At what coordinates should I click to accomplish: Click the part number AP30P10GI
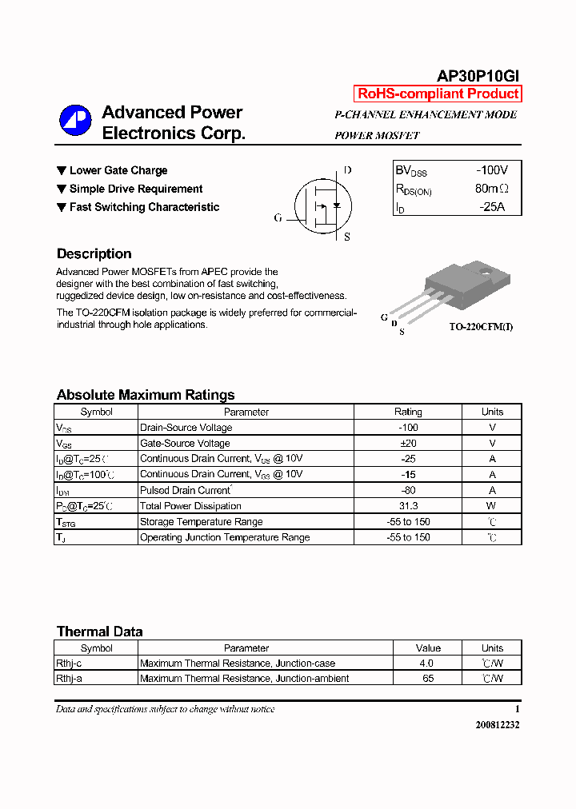point(478,75)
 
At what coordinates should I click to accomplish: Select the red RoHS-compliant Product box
point(438,94)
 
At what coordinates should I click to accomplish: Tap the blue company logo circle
point(75,122)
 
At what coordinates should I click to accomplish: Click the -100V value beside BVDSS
point(491,170)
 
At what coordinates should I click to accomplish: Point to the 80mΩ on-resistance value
point(491,189)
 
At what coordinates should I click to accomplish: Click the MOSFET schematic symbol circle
point(320,205)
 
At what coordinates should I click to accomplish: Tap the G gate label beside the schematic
point(278,217)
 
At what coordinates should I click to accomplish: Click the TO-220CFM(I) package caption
point(480,328)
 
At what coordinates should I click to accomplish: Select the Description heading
point(94,254)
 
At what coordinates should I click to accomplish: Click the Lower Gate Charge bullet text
point(118,170)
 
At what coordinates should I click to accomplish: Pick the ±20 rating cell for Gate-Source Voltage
point(407,443)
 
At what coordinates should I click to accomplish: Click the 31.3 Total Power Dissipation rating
point(407,506)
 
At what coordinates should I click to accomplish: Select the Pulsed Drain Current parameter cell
point(186,490)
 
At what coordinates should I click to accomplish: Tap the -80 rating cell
point(407,490)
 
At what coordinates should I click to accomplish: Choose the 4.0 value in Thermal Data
point(426,664)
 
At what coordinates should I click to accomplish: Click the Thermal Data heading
point(99,632)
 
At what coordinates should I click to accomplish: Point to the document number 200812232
point(497,724)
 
